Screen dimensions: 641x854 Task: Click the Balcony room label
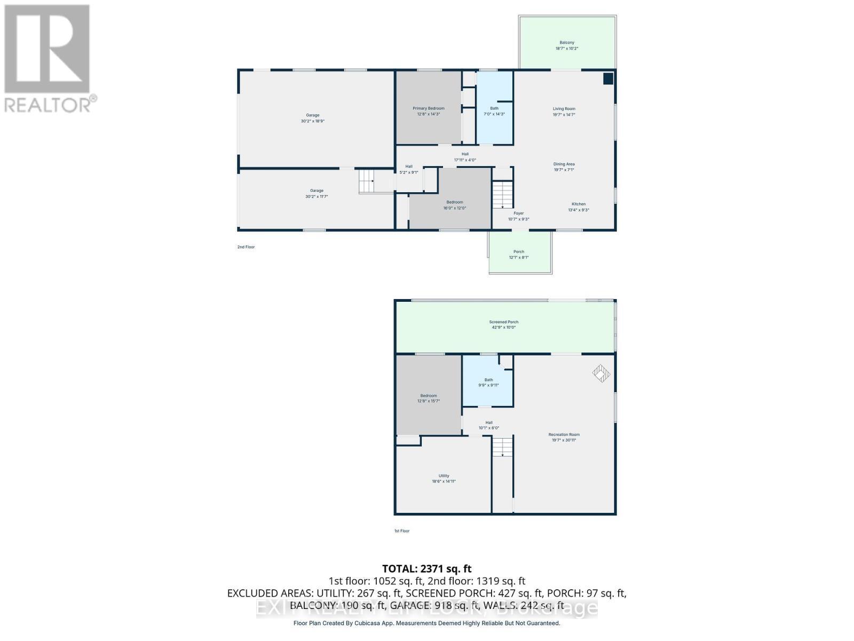(x=567, y=45)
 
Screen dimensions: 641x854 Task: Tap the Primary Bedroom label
(x=428, y=111)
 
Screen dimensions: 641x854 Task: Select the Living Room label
(x=564, y=111)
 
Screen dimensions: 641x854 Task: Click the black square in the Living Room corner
(x=608, y=79)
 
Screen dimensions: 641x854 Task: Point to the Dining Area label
(x=564, y=167)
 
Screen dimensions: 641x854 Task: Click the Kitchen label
(x=579, y=207)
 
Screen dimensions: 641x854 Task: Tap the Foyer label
(x=518, y=216)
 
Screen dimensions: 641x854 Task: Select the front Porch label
(x=518, y=254)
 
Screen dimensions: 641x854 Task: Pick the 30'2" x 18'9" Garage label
(x=312, y=118)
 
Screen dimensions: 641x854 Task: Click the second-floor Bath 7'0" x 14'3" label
(x=494, y=111)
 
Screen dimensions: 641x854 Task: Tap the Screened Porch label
(x=504, y=324)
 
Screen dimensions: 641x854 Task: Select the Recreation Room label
(x=564, y=437)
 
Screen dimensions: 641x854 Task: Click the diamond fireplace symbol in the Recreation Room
(x=601, y=373)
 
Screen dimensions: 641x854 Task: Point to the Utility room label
(x=444, y=478)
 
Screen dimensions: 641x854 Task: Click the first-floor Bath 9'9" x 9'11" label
(x=488, y=382)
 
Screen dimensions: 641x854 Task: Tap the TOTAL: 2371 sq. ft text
(x=426, y=568)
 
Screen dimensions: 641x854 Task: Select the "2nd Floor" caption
(x=246, y=247)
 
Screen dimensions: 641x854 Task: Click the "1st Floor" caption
(x=401, y=530)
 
